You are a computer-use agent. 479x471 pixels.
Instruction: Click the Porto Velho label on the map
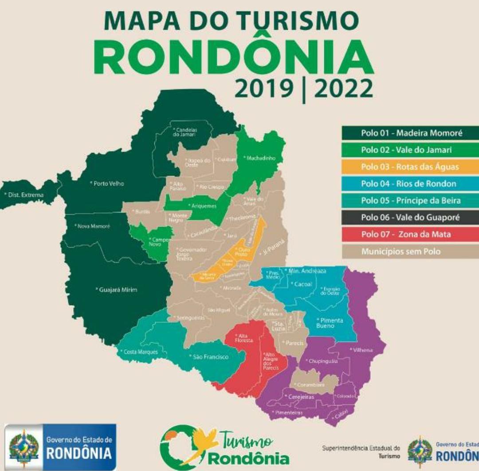pyautogui.click(x=108, y=183)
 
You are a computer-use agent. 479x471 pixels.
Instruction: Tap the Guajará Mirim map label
pyautogui.click(x=118, y=290)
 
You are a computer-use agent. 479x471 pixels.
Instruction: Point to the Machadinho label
pyautogui.click(x=259, y=157)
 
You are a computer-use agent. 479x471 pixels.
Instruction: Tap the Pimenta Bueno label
pyautogui.click(x=330, y=323)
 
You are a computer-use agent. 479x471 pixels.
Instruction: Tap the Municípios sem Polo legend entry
pyautogui.click(x=400, y=251)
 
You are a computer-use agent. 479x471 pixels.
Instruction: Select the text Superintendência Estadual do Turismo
pyautogui.click(x=361, y=451)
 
